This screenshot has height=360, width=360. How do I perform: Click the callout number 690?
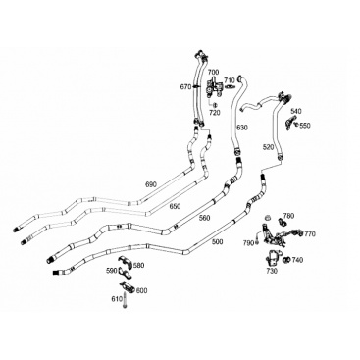[x=151, y=184]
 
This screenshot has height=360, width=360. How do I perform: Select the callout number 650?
[x=175, y=206]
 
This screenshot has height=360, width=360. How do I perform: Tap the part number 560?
[x=204, y=218]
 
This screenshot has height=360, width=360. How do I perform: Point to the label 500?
[x=218, y=242]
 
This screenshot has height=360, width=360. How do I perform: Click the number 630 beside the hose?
[x=242, y=128]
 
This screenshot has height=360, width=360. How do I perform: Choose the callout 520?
[x=268, y=147]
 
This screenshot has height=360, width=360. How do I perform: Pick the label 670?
[x=185, y=87]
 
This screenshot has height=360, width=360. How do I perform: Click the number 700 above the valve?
[x=214, y=72]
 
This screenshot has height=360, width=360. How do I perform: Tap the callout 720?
[x=215, y=113]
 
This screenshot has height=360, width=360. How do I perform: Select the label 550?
[x=305, y=126]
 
